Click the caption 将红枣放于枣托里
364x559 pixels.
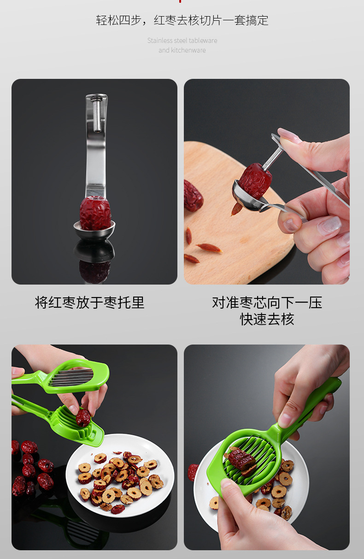point(90,303)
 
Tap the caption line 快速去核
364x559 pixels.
point(267,319)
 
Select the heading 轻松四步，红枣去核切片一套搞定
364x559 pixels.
point(182,20)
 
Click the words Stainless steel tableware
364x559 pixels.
point(182,41)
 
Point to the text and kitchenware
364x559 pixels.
point(182,50)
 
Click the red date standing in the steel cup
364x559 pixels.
point(95,213)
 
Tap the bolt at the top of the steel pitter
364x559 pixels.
point(97,98)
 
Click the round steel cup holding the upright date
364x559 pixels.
point(94,230)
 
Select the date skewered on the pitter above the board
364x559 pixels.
point(255,180)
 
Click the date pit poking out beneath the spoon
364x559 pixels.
point(236,209)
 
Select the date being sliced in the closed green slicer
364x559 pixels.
point(241,460)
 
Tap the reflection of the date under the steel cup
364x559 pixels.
point(94,270)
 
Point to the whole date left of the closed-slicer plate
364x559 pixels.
point(192,472)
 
